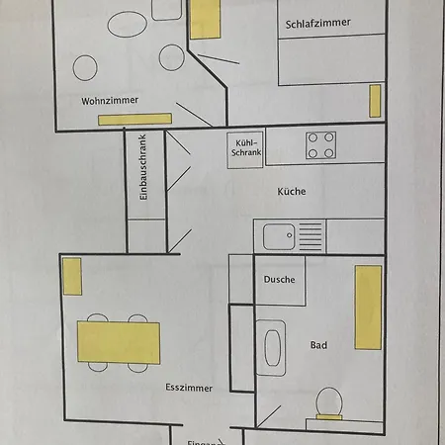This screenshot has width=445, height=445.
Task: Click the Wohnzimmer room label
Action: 111,101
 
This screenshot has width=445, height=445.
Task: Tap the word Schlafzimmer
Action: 320,22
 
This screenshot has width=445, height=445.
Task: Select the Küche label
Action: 291,192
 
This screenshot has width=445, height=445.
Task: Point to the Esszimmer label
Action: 189,389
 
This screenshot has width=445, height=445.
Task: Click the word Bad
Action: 318,345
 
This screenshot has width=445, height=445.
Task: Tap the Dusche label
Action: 279,279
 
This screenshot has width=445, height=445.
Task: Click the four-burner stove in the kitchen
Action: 320,145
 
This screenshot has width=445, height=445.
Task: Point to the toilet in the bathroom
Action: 328,402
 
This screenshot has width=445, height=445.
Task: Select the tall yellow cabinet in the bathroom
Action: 369,308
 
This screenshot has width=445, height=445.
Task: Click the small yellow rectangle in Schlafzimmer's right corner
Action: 375,100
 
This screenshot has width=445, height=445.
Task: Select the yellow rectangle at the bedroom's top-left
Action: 205,18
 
